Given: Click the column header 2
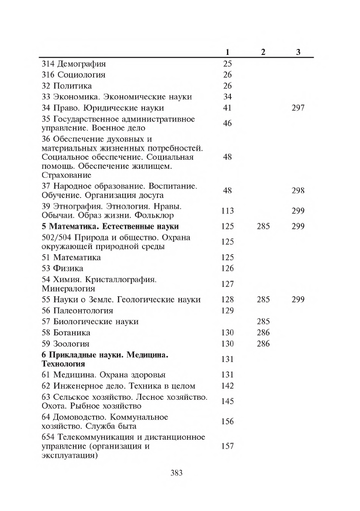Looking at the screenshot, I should [263, 52].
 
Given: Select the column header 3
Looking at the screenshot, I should [298, 52].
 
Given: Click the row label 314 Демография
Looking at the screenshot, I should [73, 64].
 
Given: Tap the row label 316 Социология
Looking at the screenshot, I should [73, 75].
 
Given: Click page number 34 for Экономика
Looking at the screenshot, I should [227, 97].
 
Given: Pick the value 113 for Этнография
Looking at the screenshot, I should [227, 210].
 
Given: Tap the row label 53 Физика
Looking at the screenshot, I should [65, 268].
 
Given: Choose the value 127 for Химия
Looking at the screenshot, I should [227, 284].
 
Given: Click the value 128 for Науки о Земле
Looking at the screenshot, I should [227, 300].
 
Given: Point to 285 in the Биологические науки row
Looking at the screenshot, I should [263, 321].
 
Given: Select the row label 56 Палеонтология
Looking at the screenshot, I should [77, 310].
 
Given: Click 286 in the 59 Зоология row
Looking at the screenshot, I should [263, 344].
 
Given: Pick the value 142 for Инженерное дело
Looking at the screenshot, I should [227, 386].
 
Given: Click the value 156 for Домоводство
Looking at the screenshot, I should [227, 421].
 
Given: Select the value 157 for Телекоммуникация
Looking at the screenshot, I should [227, 446].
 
